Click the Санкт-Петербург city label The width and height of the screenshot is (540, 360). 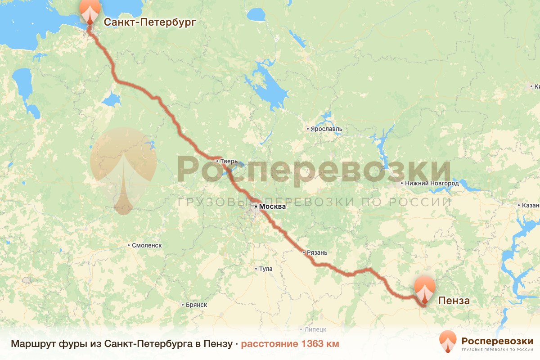pos(150,22)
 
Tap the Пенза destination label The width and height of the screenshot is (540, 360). pos(454,301)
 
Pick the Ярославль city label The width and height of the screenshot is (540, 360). pos(326,129)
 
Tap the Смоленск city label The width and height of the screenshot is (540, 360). pos(147,245)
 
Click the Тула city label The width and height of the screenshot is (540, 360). pos(266,269)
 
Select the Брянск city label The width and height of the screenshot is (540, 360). pos(196,305)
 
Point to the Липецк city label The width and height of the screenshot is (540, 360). pos(315,329)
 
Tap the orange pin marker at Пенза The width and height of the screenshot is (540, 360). pos(425,289)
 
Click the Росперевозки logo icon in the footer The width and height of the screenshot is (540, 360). pos(448,342)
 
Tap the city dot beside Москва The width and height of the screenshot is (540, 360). pos(256,207)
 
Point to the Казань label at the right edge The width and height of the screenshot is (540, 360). pos(531,205)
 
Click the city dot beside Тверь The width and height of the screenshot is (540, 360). pos(217,161)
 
